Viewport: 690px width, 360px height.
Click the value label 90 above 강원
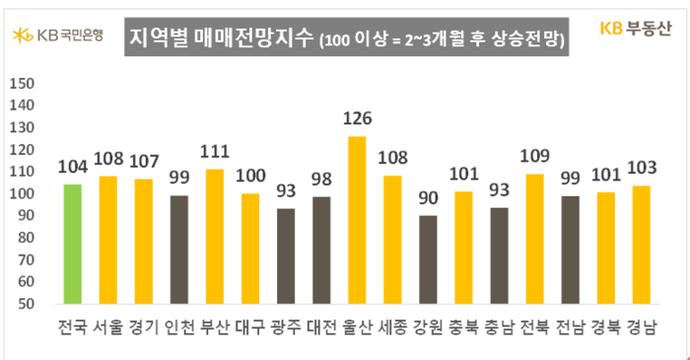pyautogui.click(x=428, y=199)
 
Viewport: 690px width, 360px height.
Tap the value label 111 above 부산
pyautogui.click(x=215, y=153)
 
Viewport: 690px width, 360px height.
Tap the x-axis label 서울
pyautogui.click(x=108, y=326)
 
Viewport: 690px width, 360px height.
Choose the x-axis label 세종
pyautogui.click(x=392, y=326)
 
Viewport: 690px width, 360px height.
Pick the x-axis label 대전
pyautogui.click(x=321, y=326)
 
